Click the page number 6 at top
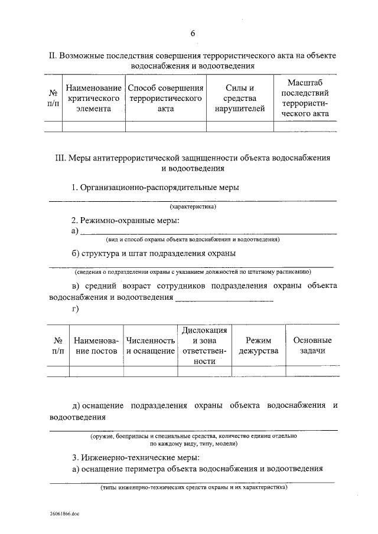(193, 33)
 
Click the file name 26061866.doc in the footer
(64, 514)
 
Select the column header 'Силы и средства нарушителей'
(240, 99)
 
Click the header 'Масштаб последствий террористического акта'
(305, 99)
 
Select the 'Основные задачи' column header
(312, 345)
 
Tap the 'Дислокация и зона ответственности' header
(204, 345)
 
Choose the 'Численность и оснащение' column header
(150, 346)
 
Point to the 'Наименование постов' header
(96, 346)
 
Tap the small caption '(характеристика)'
(193, 207)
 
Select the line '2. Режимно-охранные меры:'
(125, 220)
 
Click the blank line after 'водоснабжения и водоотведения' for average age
(224, 299)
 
